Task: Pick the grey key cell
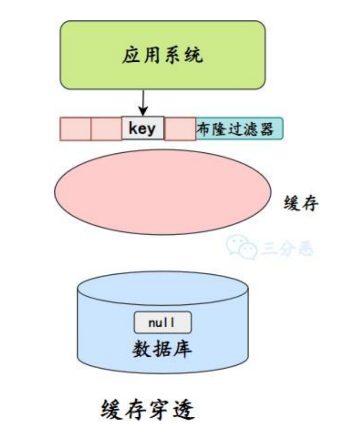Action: (x=143, y=128)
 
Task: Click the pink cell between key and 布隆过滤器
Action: (x=180, y=128)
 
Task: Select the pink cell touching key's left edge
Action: (x=106, y=128)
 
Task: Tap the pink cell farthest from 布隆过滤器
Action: (x=75, y=128)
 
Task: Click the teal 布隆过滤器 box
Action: (x=239, y=128)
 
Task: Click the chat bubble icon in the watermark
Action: (x=241, y=246)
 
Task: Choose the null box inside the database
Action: (x=163, y=323)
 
